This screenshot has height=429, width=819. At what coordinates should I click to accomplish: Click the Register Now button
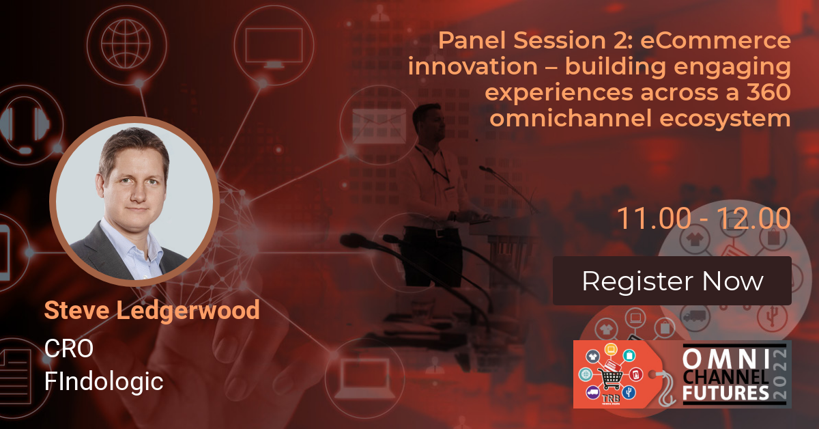(x=672, y=281)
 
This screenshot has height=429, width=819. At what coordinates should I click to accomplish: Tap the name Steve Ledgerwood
(x=152, y=310)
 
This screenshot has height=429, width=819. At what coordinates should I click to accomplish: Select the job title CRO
(x=69, y=348)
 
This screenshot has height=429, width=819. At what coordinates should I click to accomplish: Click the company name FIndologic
(x=104, y=382)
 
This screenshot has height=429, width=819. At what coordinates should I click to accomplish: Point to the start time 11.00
(x=654, y=219)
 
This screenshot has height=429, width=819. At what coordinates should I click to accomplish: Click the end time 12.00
(x=753, y=219)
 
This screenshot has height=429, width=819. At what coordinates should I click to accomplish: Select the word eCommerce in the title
(x=715, y=40)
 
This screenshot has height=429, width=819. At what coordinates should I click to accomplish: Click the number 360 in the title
(x=768, y=92)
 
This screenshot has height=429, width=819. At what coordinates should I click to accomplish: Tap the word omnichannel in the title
(x=571, y=118)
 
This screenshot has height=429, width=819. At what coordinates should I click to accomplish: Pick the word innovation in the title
(x=473, y=66)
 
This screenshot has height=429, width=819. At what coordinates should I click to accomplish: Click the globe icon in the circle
(x=126, y=44)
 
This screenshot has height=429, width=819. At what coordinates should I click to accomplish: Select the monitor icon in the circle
(x=274, y=48)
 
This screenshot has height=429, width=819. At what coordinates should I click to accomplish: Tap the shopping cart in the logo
(x=609, y=377)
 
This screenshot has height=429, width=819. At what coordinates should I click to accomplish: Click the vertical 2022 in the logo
(x=780, y=374)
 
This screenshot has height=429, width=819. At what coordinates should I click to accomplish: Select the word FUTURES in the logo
(x=725, y=393)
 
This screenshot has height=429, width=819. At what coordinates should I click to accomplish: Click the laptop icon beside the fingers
(x=366, y=378)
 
